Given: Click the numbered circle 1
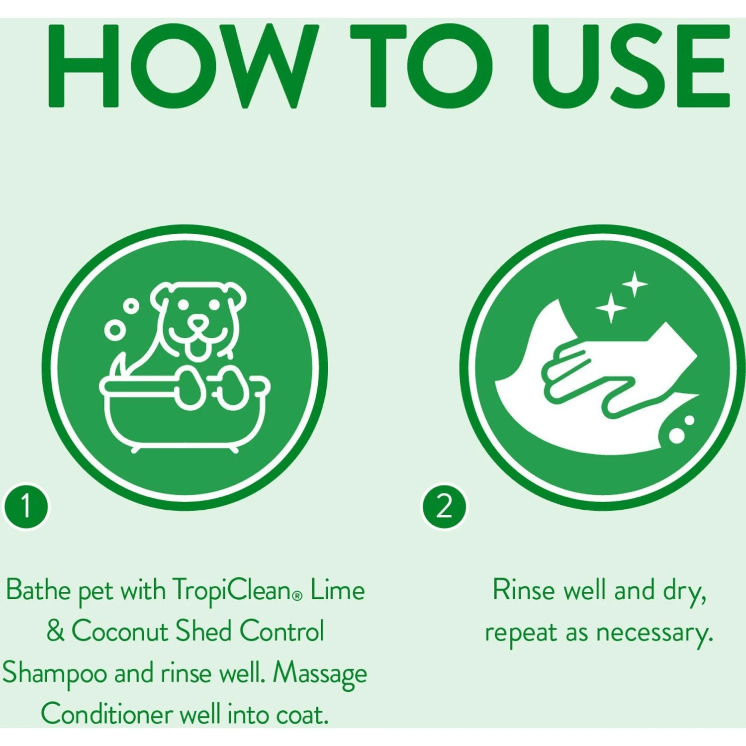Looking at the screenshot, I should [26, 507].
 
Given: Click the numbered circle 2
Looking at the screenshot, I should [444, 507].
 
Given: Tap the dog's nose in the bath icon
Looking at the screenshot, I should [198, 323].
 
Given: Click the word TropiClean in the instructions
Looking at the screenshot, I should [231, 591].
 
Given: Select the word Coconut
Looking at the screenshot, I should [120, 632].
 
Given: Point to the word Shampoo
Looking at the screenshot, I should [55, 674].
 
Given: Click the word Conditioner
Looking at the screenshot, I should [107, 715].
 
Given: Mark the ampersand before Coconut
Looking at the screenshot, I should [56, 632].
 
